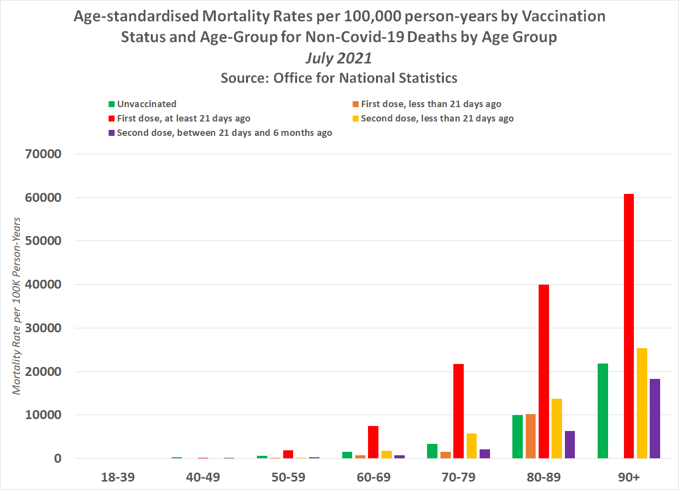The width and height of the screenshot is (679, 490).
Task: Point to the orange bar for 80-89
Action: click(x=530, y=436)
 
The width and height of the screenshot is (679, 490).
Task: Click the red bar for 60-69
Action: click(x=373, y=442)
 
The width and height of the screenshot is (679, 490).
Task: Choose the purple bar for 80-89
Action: click(x=569, y=444)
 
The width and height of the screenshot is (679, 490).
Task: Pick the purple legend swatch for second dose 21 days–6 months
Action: click(x=112, y=133)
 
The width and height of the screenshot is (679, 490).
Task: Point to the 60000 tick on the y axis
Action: click(x=44, y=197)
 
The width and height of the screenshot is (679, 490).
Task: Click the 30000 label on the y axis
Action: click(x=44, y=328)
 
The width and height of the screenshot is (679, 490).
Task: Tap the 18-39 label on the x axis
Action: click(x=118, y=477)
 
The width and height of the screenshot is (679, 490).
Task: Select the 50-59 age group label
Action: click(x=288, y=477)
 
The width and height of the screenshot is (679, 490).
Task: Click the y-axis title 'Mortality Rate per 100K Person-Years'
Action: click(x=17, y=306)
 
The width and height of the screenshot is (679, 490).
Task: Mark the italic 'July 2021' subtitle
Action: click(x=339, y=58)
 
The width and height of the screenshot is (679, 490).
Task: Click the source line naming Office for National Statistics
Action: click(x=339, y=78)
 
